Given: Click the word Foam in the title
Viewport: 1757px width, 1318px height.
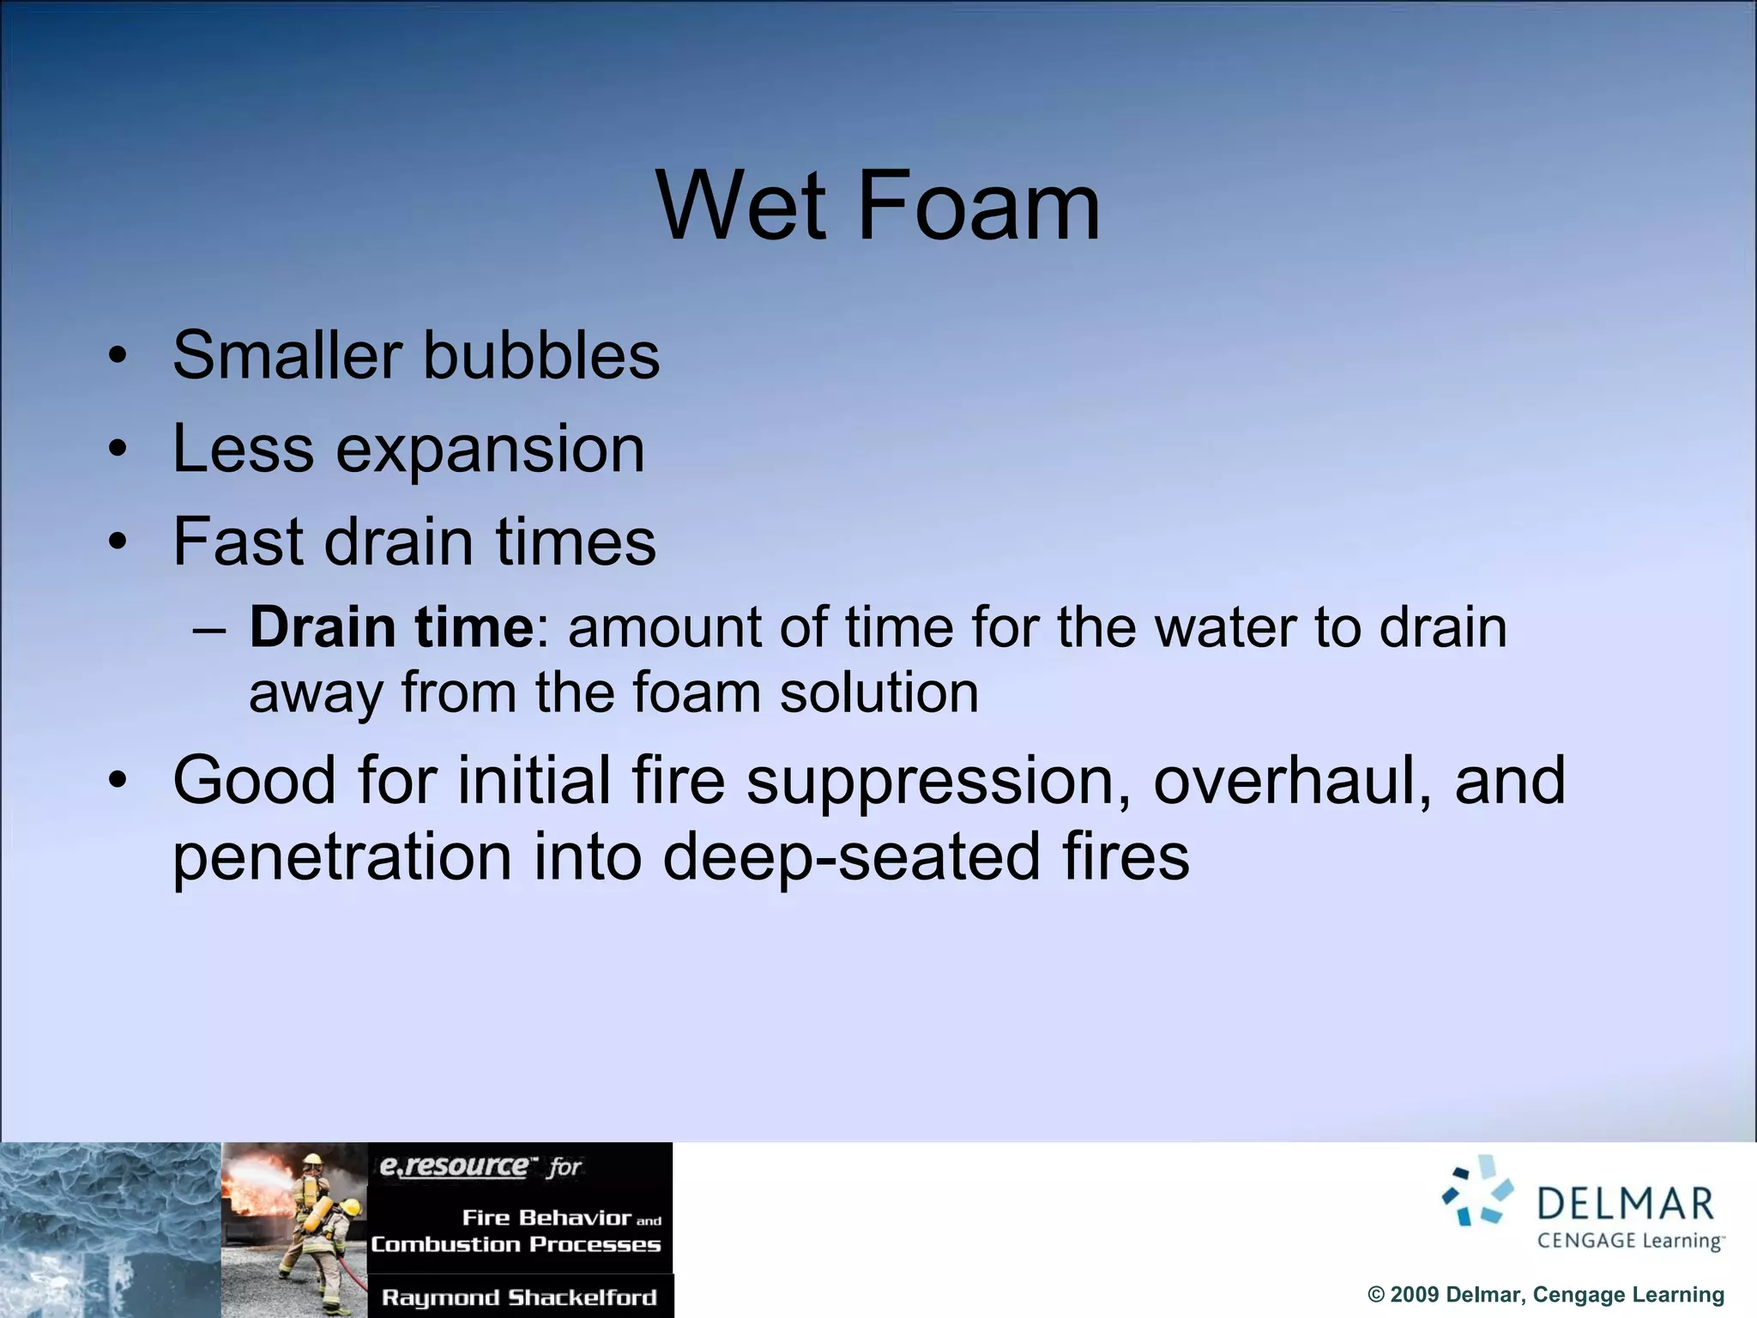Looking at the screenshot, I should (x=978, y=206).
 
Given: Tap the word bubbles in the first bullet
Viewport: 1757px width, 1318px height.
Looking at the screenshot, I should (x=541, y=355).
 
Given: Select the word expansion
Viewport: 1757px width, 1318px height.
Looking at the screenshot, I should (x=490, y=449).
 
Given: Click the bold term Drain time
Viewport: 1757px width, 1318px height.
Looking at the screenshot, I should (x=392, y=627).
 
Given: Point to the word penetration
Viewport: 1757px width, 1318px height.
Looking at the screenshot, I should (x=342, y=858).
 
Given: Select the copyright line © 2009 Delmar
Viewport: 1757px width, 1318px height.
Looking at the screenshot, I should (x=1545, y=1295).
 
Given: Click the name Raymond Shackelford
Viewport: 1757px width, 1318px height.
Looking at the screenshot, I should (x=519, y=1297).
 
